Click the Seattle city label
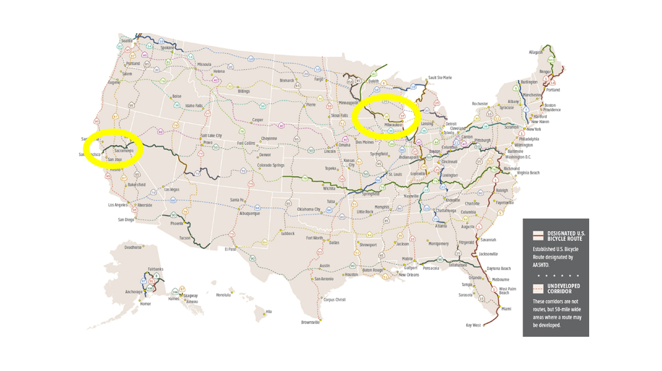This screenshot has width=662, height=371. [127, 41]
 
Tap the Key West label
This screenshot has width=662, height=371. [473, 325]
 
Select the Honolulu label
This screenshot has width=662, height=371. [223, 295]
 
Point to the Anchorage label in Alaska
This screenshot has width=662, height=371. [134, 292]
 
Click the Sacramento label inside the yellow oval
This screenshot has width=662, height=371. [124, 150]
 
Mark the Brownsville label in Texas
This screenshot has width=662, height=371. [311, 322]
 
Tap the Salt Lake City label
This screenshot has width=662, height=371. [211, 135]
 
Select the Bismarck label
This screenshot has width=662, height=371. [287, 81]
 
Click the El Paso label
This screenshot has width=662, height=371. [230, 249]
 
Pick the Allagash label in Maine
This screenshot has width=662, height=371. [536, 52]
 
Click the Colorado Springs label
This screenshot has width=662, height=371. [271, 165]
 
